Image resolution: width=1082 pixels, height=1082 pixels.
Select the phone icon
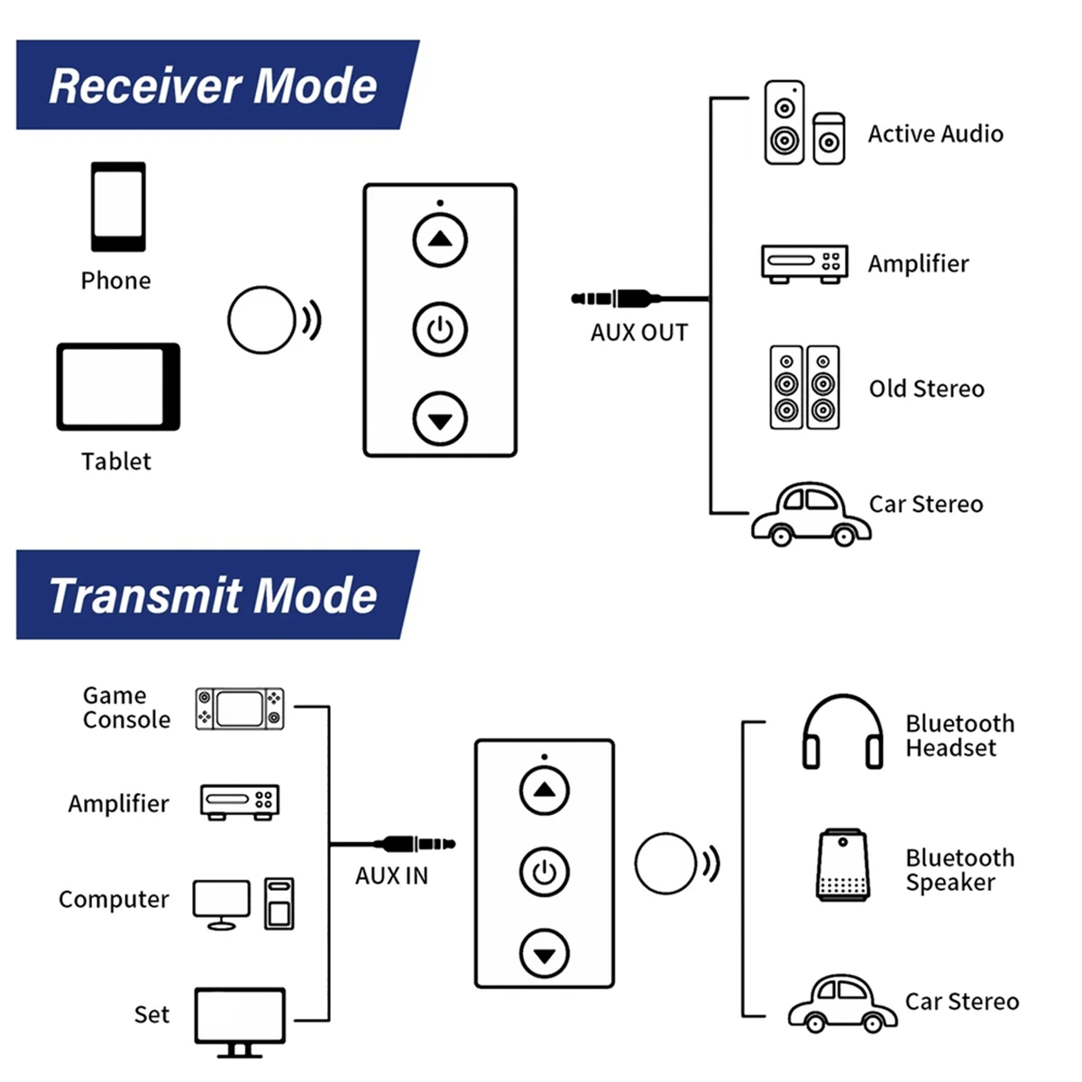(x=118, y=206)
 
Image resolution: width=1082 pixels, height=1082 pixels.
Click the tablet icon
(x=118, y=386)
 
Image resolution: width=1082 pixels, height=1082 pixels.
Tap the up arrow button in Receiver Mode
(x=440, y=240)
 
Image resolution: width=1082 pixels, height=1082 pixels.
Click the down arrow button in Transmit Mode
(x=545, y=954)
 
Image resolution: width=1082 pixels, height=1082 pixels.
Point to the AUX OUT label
(x=639, y=333)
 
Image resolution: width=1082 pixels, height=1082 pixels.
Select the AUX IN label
(x=391, y=876)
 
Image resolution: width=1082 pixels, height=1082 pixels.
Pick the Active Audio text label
(x=935, y=134)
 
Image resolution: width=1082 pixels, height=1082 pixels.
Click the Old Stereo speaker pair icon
(x=804, y=387)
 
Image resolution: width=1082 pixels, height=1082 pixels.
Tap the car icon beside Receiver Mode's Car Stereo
(x=811, y=514)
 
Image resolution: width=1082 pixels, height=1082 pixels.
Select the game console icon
(x=240, y=709)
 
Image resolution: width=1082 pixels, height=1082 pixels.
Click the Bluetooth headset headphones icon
(x=842, y=731)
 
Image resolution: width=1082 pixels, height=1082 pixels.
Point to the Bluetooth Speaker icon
(x=842, y=866)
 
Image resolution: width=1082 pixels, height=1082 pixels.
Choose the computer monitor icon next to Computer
(x=222, y=903)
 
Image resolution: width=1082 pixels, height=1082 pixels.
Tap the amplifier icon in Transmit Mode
(x=240, y=802)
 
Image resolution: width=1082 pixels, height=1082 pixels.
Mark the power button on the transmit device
(x=545, y=872)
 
